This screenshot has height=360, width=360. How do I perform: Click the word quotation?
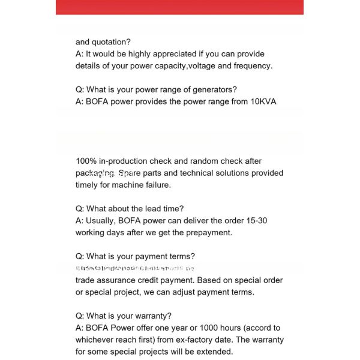111,42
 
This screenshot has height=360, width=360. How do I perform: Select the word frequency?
253,66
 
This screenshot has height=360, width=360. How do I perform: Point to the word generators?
213,90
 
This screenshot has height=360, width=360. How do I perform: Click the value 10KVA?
263,102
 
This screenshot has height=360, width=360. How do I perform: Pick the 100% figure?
85,161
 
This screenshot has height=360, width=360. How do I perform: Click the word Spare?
129,173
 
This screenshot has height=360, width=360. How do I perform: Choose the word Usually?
101,221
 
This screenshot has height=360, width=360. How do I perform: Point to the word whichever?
97,340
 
